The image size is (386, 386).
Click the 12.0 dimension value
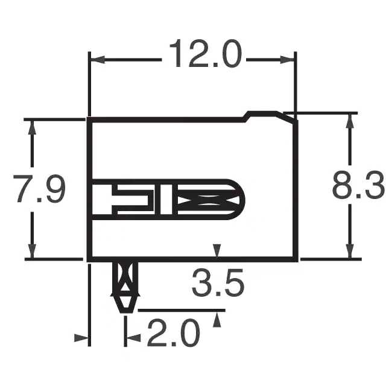click(x=206, y=54)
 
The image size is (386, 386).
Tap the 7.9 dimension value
click(x=39, y=189)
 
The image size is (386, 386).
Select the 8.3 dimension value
click(x=358, y=185)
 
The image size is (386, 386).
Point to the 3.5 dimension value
click(x=218, y=282)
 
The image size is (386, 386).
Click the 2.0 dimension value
click(x=173, y=332)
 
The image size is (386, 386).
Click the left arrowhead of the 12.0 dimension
click(x=98, y=60)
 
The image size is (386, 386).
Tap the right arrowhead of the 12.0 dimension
click(x=287, y=60)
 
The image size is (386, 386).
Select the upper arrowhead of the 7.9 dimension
click(x=32, y=127)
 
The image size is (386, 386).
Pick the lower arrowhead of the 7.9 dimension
click(x=32, y=252)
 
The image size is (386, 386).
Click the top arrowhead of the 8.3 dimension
click(x=350, y=121)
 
